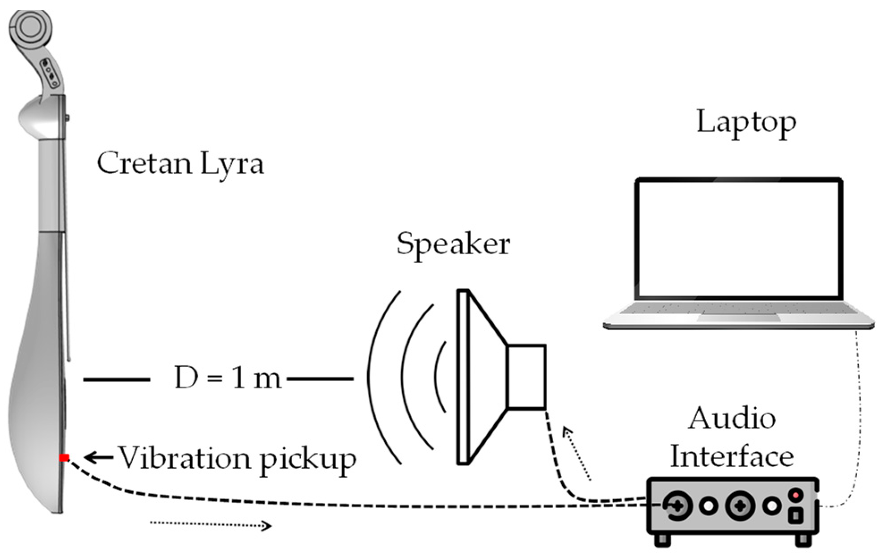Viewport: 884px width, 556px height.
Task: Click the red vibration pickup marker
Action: click(65, 457)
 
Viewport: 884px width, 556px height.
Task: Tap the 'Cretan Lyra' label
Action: click(180, 164)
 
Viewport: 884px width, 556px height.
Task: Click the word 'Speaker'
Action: click(453, 244)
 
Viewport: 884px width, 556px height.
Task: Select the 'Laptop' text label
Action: click(746, 122)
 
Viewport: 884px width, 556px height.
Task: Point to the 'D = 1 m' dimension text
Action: click(227, 378)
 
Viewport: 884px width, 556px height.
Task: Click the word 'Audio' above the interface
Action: click(732, 419)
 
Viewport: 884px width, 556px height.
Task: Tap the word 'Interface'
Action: click(732, 457)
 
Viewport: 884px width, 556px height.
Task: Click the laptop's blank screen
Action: click(738, 239)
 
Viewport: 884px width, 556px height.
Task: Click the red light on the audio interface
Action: click(796, 495)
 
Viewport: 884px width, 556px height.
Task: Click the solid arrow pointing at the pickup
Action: click(99, 457)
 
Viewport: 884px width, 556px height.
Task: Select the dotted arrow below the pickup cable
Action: click(210, 526)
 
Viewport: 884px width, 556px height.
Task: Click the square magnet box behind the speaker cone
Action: click(526, 376)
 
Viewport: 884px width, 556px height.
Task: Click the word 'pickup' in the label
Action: click(308, 459)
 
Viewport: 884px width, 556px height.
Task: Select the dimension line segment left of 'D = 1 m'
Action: click(117, 379)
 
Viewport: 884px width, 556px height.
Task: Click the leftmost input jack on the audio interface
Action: click(678, 505)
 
